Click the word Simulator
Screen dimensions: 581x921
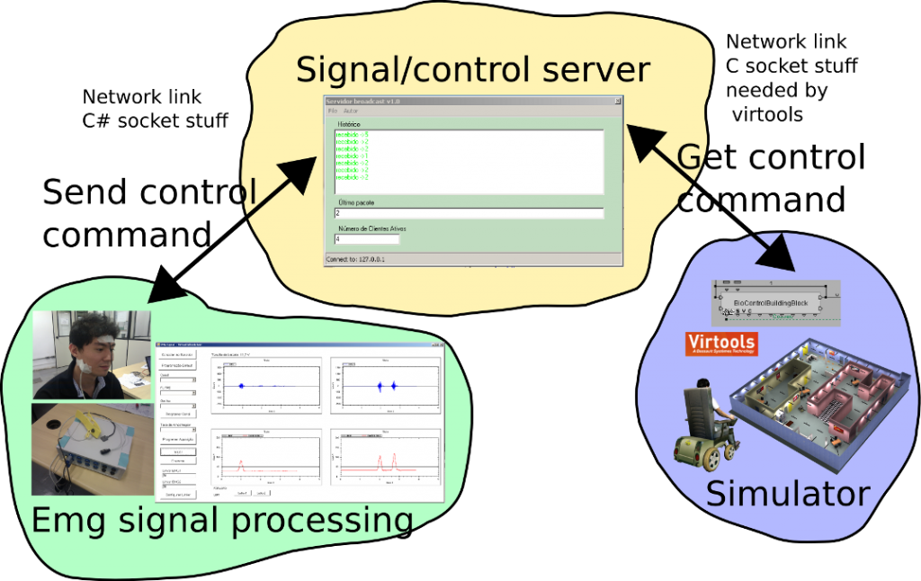tap(787, 494)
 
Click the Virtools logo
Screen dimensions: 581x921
tap(720, 344)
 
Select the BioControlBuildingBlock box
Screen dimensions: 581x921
tap(771, 303)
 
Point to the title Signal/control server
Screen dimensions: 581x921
tap(472, 69)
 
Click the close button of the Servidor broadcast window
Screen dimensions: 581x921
tap(617, 102)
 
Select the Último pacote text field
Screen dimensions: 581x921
tap(468, 213)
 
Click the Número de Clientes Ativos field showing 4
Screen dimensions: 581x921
tap(366, 239)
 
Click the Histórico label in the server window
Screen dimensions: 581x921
tap(349, 123)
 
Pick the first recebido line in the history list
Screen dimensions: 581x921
tap(353, 134)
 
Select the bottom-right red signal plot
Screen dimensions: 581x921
tap(385, 458)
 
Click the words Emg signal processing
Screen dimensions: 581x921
tap(222, 521)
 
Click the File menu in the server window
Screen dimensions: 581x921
tap(333, 111)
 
